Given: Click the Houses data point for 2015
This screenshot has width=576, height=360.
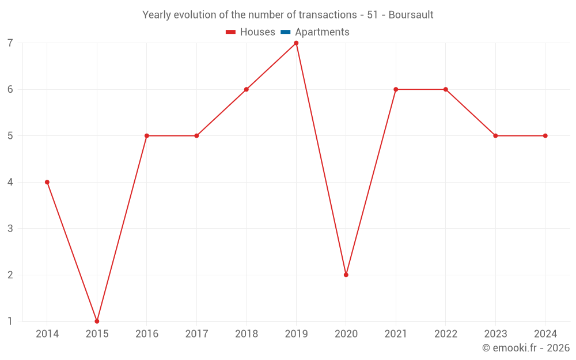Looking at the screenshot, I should point(97,321).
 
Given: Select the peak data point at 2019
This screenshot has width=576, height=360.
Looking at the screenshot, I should point(296,43).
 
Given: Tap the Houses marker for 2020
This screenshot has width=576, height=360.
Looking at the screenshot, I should point(346,275).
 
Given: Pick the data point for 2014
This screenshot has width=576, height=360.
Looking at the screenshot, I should point(47,182).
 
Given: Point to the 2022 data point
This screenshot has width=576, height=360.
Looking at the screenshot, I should point(446,89).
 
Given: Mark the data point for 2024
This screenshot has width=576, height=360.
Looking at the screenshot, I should point(545,136).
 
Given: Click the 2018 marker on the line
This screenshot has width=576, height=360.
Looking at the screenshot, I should point(247,89).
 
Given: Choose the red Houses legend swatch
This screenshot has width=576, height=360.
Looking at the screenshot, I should point(231,32).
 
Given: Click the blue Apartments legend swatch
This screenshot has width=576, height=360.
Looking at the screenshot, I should point(286,32).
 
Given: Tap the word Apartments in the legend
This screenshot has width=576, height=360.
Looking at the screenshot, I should point(322,32).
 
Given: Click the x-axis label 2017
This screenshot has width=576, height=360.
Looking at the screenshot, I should point(196,334).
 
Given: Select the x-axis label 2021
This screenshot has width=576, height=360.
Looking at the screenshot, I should point(396,334).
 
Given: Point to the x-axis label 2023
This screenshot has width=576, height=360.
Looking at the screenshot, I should point(495,334).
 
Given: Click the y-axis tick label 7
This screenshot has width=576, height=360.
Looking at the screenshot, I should point(10,43).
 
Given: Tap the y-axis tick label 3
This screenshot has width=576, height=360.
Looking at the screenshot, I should point(10,229).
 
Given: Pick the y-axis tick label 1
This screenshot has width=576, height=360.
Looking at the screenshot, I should point(10,321).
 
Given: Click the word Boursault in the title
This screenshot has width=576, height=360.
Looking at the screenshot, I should point(411,14).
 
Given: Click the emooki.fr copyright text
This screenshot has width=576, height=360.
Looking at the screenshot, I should point(526,348).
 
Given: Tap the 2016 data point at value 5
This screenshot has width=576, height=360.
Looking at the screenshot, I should point(147,136).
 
